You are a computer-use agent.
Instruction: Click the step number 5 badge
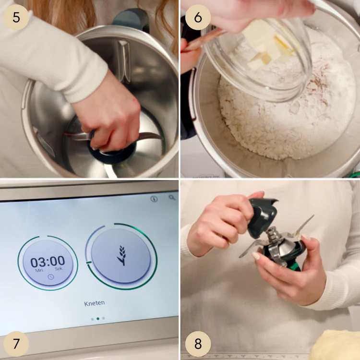(16, 17)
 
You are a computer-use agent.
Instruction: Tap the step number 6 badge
(198, 17)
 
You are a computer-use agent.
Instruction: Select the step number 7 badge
(16, 344)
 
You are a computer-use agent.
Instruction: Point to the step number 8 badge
(198, 344)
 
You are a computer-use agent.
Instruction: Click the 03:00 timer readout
(48, 262)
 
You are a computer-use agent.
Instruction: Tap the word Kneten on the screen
(95, 303)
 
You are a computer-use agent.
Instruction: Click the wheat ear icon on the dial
(121, 255)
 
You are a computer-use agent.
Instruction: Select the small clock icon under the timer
(51, 277)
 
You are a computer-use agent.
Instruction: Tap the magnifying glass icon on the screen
(172, 197)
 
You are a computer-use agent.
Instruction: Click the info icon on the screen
(154, 199)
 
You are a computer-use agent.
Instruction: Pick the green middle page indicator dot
(98, 319)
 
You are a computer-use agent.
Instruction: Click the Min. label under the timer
(39, 270)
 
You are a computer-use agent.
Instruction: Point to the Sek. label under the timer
(59, 269)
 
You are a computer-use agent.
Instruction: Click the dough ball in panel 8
(335, 345)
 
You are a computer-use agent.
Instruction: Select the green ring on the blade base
(296, 266)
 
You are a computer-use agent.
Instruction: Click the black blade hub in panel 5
(112, 153)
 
